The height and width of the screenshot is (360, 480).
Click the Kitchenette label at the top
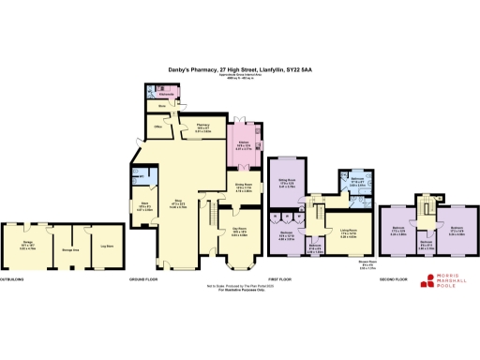168,95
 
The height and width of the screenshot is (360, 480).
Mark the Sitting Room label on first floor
287,184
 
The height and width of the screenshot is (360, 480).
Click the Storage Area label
69,249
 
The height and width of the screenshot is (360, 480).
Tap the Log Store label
105,247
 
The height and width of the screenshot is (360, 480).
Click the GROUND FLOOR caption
147,279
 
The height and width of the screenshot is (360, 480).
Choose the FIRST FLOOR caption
280,279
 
